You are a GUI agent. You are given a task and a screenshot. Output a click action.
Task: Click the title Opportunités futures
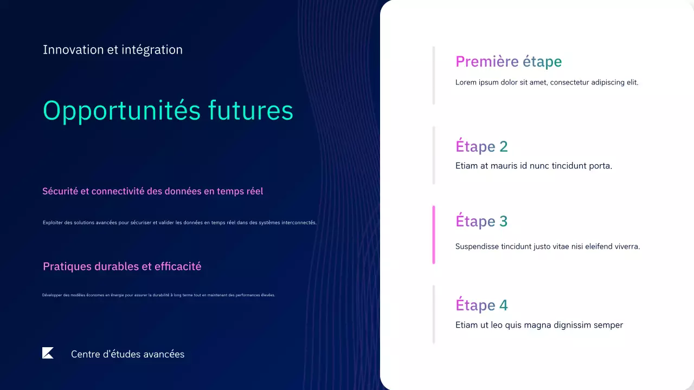click(168, 110)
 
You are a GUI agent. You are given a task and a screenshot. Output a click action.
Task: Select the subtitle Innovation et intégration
click(113, 50)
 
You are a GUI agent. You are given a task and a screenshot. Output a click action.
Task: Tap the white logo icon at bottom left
click(48, 353)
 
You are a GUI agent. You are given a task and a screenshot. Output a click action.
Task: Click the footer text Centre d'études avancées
click(127, 354)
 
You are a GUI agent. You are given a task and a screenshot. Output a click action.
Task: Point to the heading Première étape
click(508, 62)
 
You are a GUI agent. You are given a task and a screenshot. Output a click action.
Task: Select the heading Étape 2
click(481, 146)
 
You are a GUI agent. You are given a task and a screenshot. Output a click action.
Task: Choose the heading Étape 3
click(481, 221)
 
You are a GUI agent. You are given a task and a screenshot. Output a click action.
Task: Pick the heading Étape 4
click(481, 305)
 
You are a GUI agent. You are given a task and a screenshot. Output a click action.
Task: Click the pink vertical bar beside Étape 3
click(434, 235)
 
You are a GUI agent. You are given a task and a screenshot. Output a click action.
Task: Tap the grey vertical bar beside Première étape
click(434, 75)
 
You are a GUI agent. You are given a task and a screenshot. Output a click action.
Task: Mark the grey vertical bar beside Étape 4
click(434, 314)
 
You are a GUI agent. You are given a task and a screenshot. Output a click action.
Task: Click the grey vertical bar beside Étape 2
click(434, 155)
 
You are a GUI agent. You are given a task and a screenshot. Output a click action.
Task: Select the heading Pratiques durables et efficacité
click(122, 266)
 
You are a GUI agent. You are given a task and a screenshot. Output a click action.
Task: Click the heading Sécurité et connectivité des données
click(152, 191)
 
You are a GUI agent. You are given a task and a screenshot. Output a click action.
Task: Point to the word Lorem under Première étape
click(465, 83)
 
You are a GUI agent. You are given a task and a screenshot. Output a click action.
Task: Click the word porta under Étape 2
click(600, 166)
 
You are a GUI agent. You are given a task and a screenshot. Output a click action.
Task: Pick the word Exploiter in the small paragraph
click(52, 223)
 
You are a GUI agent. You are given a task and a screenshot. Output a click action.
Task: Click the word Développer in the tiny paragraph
click(52, 295)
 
